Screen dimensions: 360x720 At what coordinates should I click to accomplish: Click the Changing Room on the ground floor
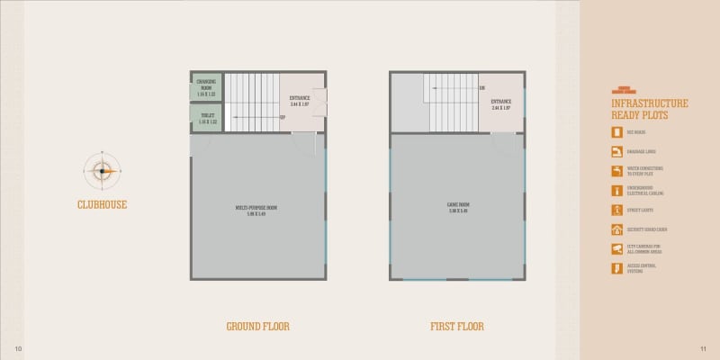[206, 87]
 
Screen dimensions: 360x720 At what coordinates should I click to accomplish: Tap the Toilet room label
[206, 118]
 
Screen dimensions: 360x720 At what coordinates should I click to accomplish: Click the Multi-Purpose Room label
[256, 211]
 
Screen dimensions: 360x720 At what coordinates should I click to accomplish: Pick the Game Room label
[459, 206]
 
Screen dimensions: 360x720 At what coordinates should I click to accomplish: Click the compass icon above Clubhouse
[102, 170]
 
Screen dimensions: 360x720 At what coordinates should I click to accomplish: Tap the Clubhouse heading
[102, 204]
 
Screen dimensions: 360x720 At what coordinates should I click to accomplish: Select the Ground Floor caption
[257, 326]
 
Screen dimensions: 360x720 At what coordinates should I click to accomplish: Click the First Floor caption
[457, 326]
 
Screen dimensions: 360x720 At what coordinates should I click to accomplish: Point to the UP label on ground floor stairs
[283, 117]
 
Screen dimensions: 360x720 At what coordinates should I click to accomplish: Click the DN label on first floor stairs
[482, 88]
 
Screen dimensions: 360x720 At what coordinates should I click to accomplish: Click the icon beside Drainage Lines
[616, 151]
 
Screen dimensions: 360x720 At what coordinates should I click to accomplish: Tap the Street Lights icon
[616, 210]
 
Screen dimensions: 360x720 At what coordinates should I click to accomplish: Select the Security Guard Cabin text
[646, 229]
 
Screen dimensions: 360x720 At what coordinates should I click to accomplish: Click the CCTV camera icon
[616, 248]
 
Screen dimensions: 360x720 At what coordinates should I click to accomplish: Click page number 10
[17, 348]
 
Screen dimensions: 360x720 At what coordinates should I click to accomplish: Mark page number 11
[702, 348]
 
